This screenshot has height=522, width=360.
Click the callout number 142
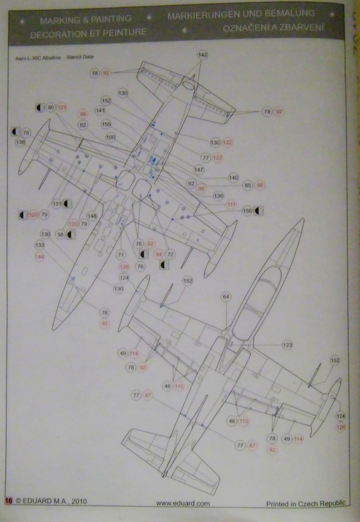click(202, 55)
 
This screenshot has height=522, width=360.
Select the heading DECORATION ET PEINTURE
click(88, 33)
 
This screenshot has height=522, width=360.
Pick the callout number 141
click(100, 111)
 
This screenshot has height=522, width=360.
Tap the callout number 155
click(106, 124)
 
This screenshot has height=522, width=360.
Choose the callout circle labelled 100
click(111, 137)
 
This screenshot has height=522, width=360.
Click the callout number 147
click(199, 170)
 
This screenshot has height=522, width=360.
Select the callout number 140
click(233, 177)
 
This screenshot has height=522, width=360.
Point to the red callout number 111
click(232, 204)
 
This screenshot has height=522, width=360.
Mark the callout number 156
click(248, 211)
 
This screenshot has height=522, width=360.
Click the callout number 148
click(92, 215)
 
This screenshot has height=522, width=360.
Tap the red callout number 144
click(40, 257)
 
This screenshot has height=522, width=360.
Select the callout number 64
click(226, 297)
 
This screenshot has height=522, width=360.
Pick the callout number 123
click(287, 345)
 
